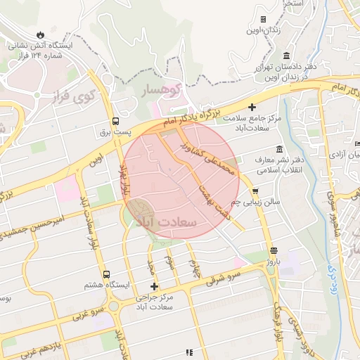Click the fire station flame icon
[x=41, y=34]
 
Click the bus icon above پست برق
[x=115, y=120]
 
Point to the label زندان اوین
[x=263, y=30]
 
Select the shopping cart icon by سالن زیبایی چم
[x=255, y=191]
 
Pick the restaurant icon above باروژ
[x=274, y=250]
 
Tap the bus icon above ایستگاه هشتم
[x=106, y=274]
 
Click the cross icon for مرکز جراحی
[x=155, y=286]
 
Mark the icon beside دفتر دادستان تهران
[x=286, y=56]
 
